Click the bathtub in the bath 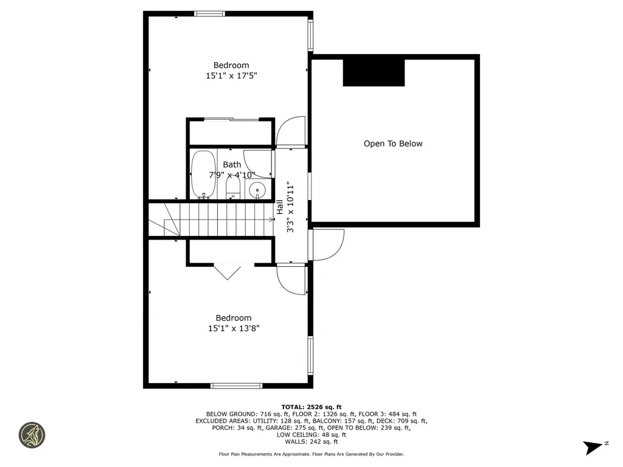pos(203,175)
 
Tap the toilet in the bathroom pos(232,187)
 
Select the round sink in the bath pos(258,190)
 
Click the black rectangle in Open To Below pos(374,72)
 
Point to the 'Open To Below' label pos(392,144)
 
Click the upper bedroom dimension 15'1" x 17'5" pos(231,76)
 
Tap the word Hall pos(280,207)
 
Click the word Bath pos(232,164)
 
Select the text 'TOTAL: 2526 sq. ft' pos(311,407)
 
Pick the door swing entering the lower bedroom pos(291,280)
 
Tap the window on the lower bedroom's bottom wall pos(236,386)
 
